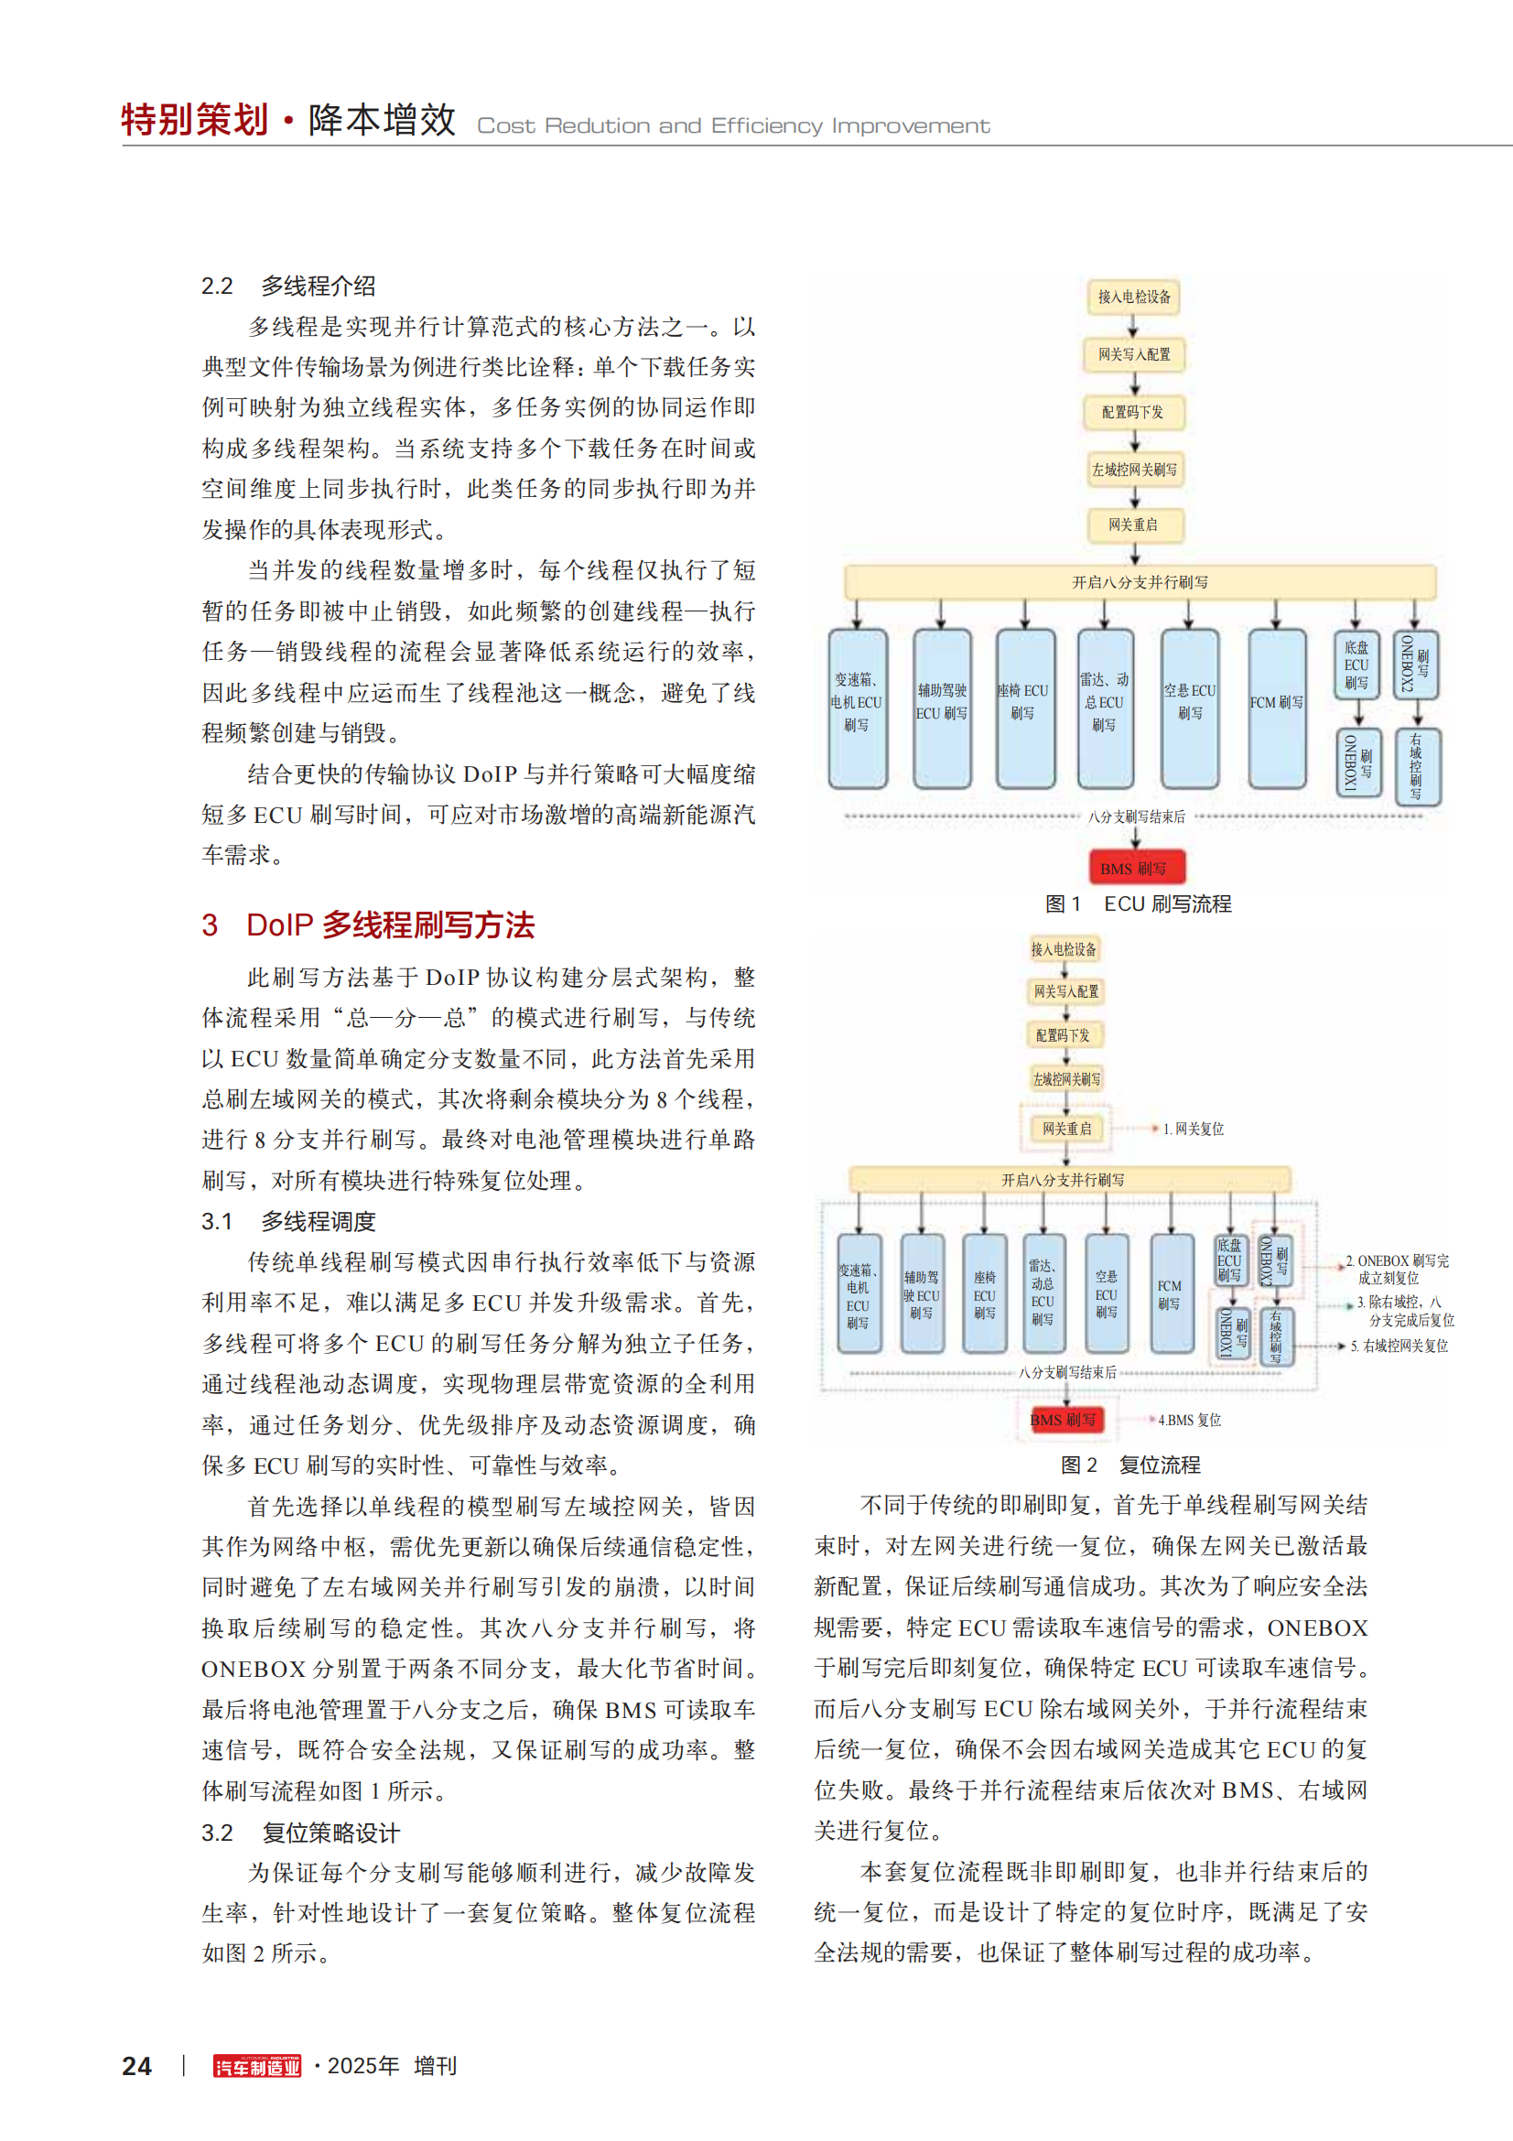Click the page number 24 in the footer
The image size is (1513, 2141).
click(x=137, y=2065)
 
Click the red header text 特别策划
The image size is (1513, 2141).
click(x=195, y=120)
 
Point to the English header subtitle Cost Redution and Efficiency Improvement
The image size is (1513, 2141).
click(x=733, y=126)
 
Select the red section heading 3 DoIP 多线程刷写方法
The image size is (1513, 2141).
click(x=368, y=925)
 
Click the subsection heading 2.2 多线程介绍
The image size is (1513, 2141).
click(x=288, y=287)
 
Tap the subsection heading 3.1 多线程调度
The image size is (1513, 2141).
click(x=288, y=1221)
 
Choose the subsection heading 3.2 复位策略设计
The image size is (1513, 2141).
click(x=300, y=1833)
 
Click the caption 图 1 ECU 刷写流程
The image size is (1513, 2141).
click(x=1138, y=903)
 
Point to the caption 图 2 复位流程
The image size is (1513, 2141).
click(x=1129, y=1464)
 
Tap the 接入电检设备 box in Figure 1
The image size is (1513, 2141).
click(x=1133, y=297)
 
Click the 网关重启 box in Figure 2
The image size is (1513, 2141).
click(x=1065, y=1129)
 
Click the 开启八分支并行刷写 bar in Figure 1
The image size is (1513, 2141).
click(x=1140, y=582)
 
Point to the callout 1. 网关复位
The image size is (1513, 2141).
click(x=1194, y=1129)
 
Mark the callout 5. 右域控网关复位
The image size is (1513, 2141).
click(x=1400, y=1346)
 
